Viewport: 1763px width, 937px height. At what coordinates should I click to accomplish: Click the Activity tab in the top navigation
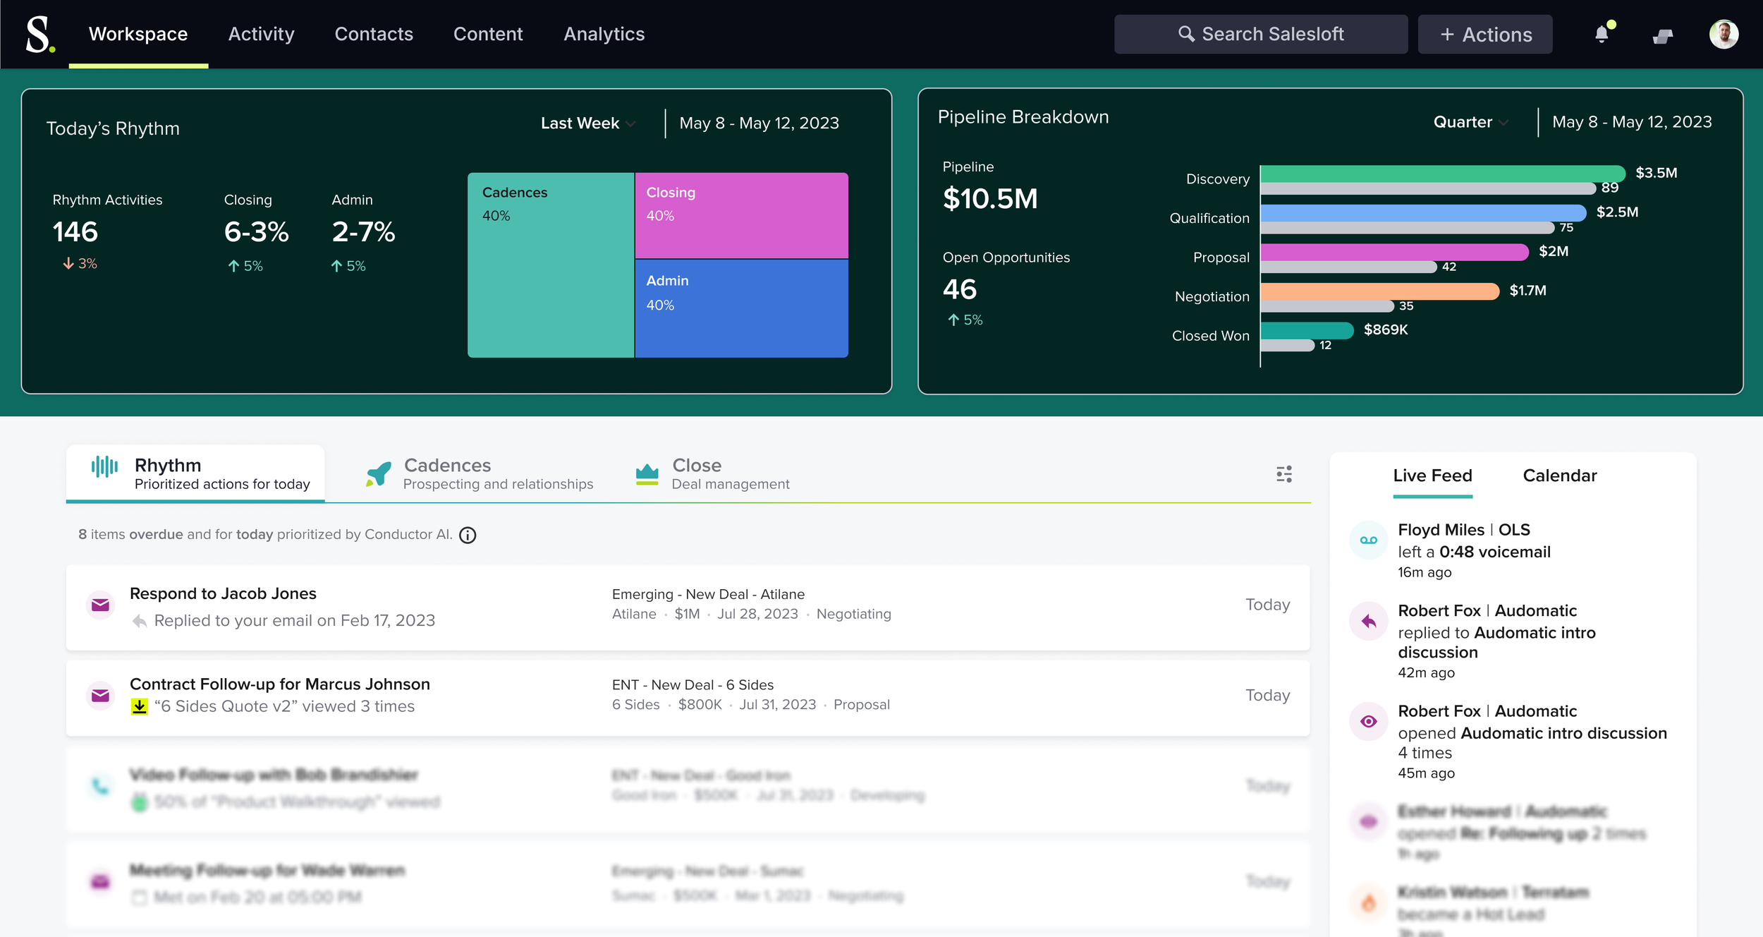pyautogui.click(x=261, y=34)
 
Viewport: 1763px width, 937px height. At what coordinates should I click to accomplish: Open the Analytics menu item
pyautogui.click(x=604, y=34)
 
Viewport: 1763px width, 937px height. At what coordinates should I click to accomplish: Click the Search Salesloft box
pyautogui.click(x=1260, y=34)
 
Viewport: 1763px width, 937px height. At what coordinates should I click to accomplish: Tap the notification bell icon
pyautogui.click(x=1602, y=35)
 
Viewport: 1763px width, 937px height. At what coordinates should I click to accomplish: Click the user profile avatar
pyautogui.click(x=1723, y=34)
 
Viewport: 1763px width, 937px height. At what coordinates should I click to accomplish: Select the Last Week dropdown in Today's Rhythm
pyautogui.click(x=587, y=123)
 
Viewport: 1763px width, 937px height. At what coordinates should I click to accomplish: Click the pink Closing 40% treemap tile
pyautogui.click(x=740, y=215)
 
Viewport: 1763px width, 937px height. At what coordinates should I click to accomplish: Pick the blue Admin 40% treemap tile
pyautogui.click(x=740, y=308)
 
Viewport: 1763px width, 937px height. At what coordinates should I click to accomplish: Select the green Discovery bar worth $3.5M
pyautogui.click(x=1441, y=174)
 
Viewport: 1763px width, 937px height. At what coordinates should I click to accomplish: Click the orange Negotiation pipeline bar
pyautogui.click(x=1379, y=291)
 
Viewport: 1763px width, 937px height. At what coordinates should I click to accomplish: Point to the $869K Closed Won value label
pyautogui.click(x=1385, y=330)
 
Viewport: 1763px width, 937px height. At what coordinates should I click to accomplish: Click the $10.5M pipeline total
pyautogui.click(x=990, y=199)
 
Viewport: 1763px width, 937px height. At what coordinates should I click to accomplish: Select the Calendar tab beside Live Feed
pyautogui.click(x=1559, y=476)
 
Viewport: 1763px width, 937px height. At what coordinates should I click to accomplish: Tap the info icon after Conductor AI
pyautogui.click(x=468, y=536)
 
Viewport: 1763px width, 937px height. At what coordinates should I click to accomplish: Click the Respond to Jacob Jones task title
pyautogui.click(x=223, y=593)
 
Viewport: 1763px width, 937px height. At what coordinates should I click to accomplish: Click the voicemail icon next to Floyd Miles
pyautogui.click(x=1368, y=540)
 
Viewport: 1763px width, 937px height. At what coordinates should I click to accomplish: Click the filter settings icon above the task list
pyautogui.click(x=1283, y=474)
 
